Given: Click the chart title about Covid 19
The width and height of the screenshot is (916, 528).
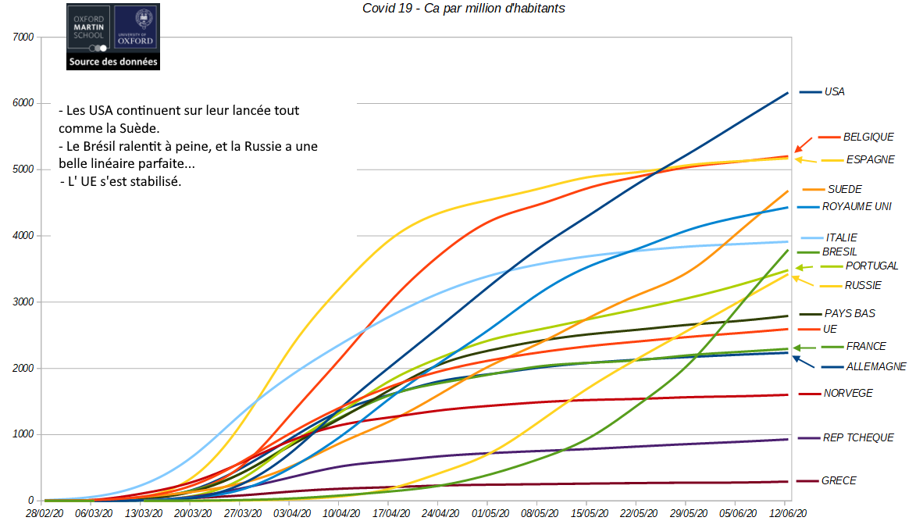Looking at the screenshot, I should coord(464,9).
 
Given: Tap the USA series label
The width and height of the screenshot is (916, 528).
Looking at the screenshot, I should coord(834,91).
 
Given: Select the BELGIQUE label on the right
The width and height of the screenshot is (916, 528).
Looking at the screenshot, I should coord(868,137).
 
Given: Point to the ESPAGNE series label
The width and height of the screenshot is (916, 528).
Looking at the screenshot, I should coord(870,159).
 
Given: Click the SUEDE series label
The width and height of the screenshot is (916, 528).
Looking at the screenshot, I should coord(844,189).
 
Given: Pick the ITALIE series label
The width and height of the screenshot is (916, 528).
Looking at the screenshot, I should coord(840,237).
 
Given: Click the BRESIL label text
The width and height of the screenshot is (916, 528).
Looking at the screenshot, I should coord(839,252).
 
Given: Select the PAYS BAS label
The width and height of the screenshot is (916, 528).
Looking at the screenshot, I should coord(850,313).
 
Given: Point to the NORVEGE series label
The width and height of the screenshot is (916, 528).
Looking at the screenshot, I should coord(848,393).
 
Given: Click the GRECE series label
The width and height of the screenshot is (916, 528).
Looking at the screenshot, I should coord(839,480).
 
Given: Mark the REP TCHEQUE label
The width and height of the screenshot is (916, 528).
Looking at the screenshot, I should coord(858,437).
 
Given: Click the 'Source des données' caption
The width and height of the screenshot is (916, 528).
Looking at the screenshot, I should coord(112,62).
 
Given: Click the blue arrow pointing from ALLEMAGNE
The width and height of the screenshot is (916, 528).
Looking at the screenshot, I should coord(804,362).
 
